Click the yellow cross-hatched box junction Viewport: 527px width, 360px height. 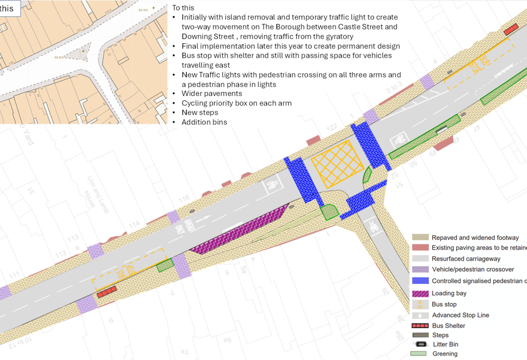[337, 163]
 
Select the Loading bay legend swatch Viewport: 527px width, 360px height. [420, 293]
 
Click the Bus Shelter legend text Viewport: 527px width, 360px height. [448, 326]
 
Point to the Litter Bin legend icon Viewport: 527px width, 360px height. [420, 344]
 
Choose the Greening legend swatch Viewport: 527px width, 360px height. [419, 354]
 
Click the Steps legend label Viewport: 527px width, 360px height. [440, 335]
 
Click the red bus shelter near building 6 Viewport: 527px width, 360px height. [107, 291]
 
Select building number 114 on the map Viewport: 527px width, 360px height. [134, 225]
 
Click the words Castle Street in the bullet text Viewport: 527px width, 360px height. [376, 27]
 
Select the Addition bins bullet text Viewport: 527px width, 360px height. [204, 122]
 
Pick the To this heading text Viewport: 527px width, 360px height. [183, 8]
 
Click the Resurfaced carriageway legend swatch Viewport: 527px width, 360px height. [420, 258]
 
